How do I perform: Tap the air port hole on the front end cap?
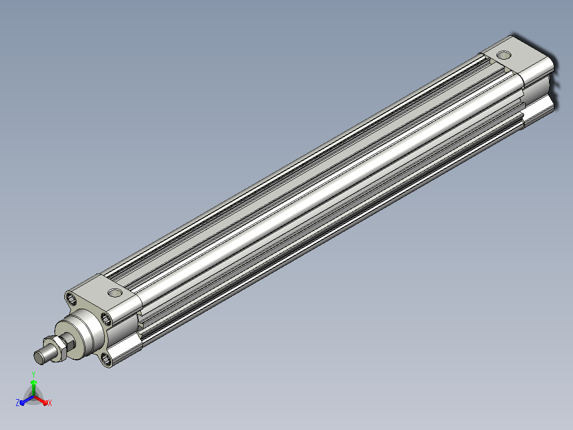[x=115, y=293]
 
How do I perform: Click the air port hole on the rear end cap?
[x=504, y=55]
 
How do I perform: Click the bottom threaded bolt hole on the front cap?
[x=106, y=359]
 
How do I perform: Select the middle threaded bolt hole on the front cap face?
[x=106, y=319]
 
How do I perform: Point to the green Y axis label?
[x=33, y=374]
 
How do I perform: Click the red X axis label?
[x=50, y=403]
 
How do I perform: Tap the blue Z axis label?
[x=17, y=403]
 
